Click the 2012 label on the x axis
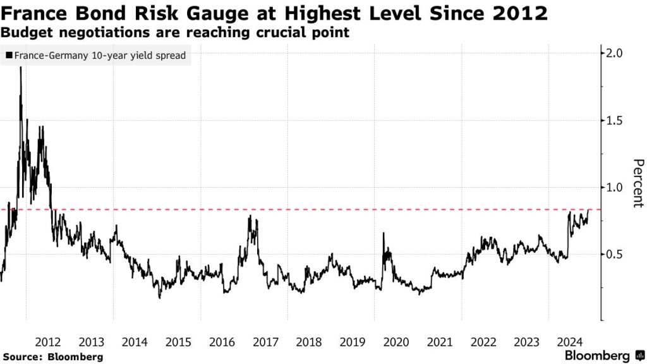point(48,342)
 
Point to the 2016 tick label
point(222,342)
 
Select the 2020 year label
point(396,342)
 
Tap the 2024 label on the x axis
point(569,342)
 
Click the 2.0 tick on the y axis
point(615,53)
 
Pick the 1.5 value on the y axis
point(615,120)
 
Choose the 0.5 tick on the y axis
point(615,254)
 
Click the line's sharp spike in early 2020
point(383,233)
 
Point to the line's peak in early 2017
point(250,216)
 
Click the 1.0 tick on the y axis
point(615,187)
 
